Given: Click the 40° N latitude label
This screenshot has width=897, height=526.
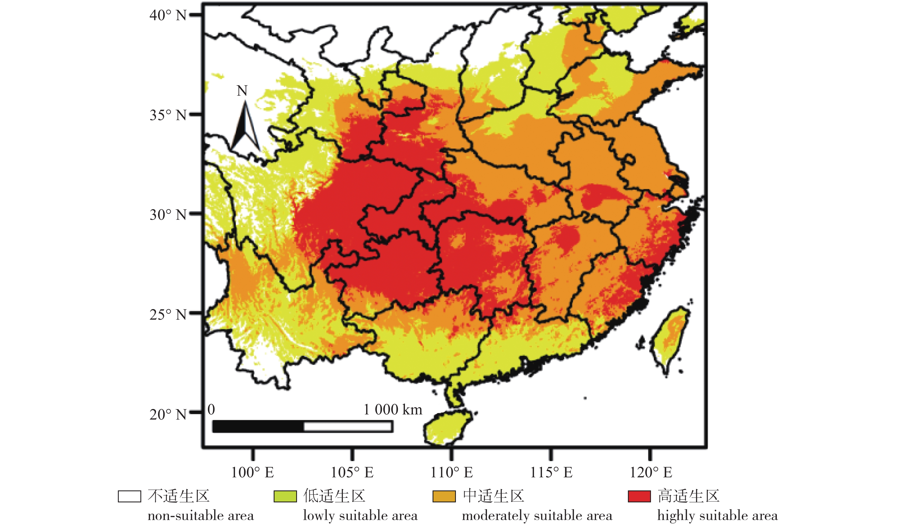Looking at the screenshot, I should click(x=168, y=15).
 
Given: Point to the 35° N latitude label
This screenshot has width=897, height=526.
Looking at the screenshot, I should click(x=168, y=115).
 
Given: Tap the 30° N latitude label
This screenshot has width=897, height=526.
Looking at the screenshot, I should click(x=168, y=215).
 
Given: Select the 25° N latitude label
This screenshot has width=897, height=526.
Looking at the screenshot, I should click(x=168, y=315).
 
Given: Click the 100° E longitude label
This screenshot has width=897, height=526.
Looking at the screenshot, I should click(x=252, y=472).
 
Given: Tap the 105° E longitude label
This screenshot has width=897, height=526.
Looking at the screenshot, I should click(x=352, y=472).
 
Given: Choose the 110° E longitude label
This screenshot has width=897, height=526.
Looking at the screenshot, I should click(x=452, y=472).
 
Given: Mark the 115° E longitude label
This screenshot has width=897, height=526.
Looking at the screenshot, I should click(x=551, y=472).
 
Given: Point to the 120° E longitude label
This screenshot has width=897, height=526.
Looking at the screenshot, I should click(x=651, y=472).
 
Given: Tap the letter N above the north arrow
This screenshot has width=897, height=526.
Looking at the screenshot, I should click(x=242, y=91).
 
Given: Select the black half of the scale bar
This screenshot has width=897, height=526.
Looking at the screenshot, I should click(x=258, y=426).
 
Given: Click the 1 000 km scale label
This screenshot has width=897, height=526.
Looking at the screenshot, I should click(x=393, y=410).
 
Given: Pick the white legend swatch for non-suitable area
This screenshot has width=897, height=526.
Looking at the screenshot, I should click(x=129, y=496).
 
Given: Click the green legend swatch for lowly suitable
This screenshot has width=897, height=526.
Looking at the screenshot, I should click(x=285, y=496).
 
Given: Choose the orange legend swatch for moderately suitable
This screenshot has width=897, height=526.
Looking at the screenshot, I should click(x=444, y=496).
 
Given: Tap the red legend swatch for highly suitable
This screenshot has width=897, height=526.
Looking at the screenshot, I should click(x=639, y=496).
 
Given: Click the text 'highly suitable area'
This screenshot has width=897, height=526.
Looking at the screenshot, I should click(x=717, y=515).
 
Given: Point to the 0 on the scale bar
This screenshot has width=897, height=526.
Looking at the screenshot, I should click(x=211, y=410).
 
